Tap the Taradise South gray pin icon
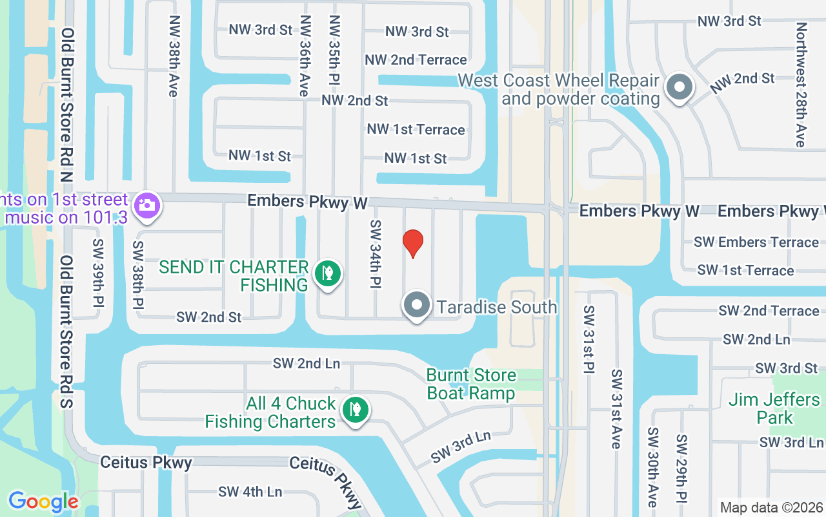[417, 305]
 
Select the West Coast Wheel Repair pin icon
[679, 87]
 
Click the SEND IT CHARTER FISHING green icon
[327, 273]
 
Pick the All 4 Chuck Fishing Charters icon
[354, 410]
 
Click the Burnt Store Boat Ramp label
[471, 385]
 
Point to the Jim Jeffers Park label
[774, 408]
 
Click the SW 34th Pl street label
[376, 253]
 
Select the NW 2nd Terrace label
[416, 60]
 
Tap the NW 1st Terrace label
[416, 130]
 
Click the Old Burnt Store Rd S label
[68, 332]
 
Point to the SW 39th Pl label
[98, 273]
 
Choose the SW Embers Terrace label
[756, 242]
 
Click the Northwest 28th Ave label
[801, 85]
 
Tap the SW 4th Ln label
[250, 492]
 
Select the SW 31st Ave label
[616, 409]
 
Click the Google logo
[43, 501]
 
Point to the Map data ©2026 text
[771, 508]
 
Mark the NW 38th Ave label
[172, 56]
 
